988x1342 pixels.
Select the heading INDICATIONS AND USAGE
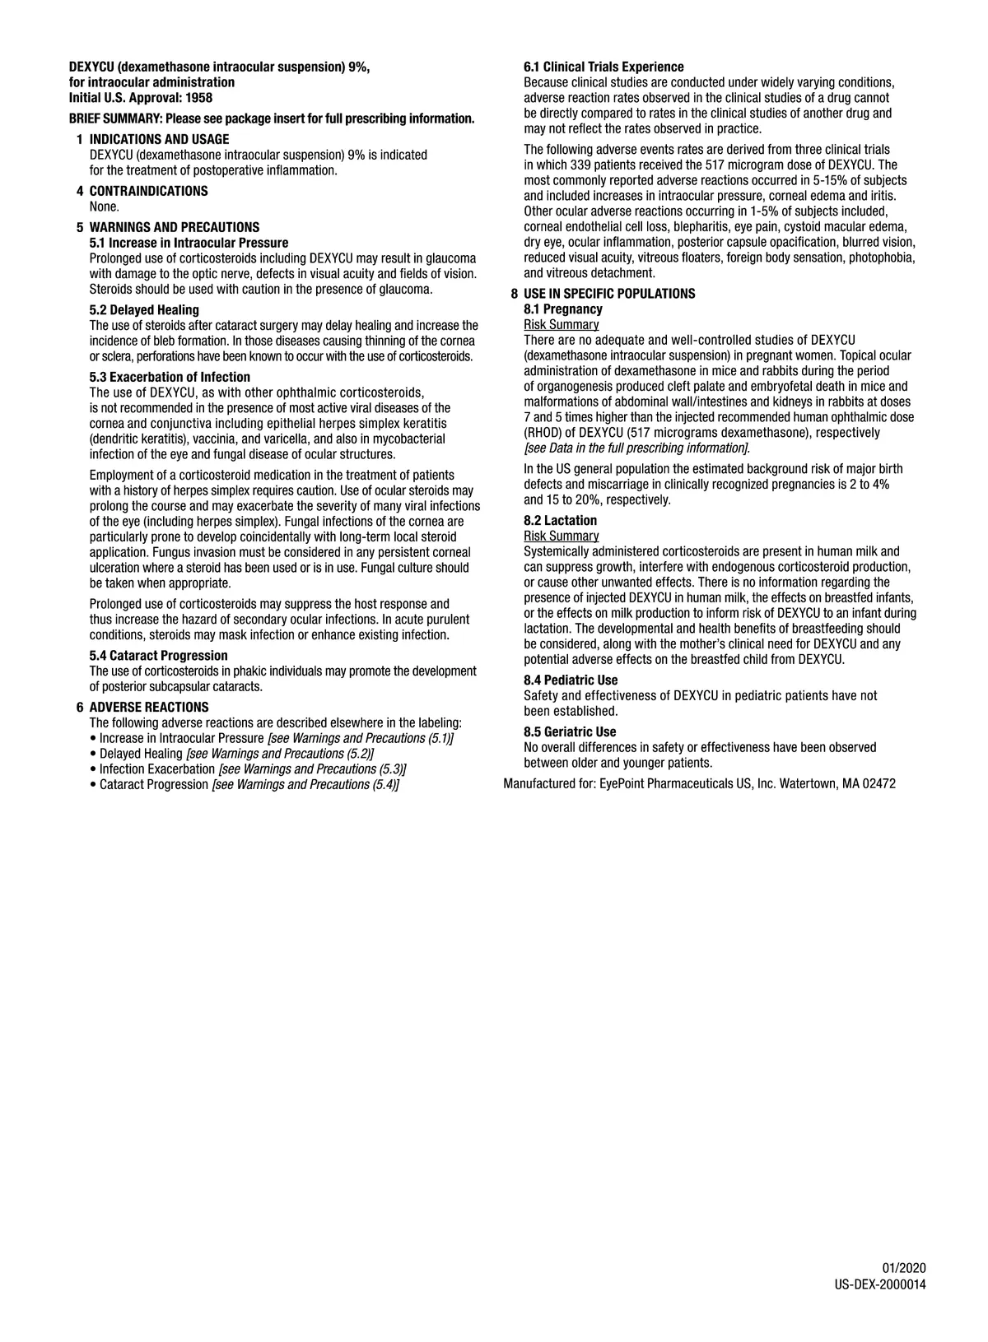[x=159, y=140]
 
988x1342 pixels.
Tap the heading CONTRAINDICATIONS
[x=148, y=192]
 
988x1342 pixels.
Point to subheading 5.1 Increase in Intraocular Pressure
[x=189, y=243]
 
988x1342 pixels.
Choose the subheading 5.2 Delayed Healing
[x=144, y=310]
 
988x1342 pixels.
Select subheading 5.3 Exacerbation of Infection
[x=170, y=378]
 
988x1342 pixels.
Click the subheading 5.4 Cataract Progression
[x=158, y=656]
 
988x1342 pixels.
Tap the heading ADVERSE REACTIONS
[x=149, y=708]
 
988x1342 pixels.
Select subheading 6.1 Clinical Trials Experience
[x=604, y=67]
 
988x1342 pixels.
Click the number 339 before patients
[x=580, y=165]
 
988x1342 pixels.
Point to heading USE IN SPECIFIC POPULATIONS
[x=609, y=294]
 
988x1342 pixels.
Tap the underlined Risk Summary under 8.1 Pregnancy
[x=562, y=325]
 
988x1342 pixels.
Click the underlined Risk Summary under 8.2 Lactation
[x=562, y=536]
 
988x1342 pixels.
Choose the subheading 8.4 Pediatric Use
[x=571, y=680]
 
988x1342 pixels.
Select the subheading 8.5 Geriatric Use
[x=570, y=732]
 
